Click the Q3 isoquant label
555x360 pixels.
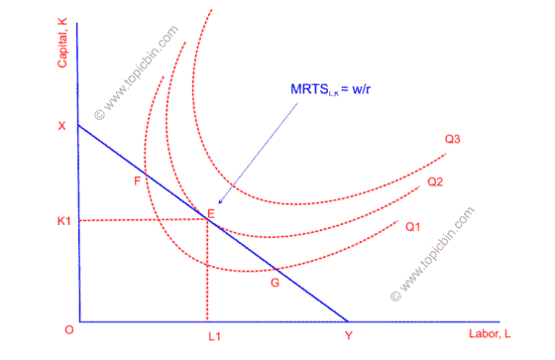pos(453,140)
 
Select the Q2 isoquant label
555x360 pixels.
pos(435,182)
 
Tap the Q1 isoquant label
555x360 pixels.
pos(413,226)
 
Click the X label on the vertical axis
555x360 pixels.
pos(60,126)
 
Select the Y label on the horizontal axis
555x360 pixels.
pos(347,337)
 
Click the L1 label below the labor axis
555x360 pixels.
pos(213,337)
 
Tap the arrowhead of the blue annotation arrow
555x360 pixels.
pos(219,204)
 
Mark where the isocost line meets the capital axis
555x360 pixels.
pos(77,125)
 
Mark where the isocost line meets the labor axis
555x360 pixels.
pos(347,320)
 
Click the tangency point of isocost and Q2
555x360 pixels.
pos(207,218)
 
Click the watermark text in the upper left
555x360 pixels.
pos(138,70)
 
